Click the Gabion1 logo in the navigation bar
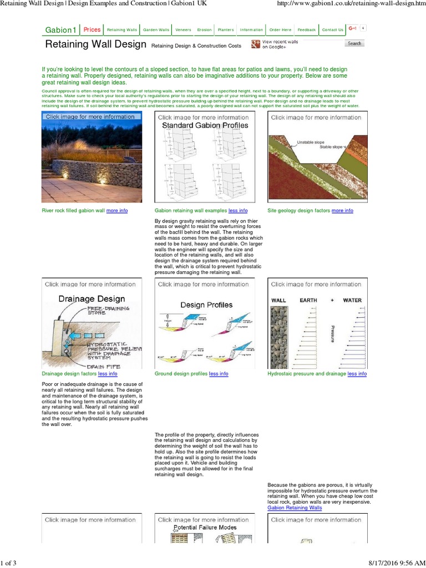tap(60, 30)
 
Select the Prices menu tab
tap(92, 30)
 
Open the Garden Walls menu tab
tap(156, 30)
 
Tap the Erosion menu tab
tap(204, 30)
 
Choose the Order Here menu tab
tap(280, 30)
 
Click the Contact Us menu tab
tap(333, 30)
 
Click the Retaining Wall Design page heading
tap(95, 44)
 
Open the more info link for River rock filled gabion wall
tap(116, 211)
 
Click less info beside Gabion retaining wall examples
tap(238, 211)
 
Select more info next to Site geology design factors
tap(342, 211)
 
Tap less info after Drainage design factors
tap(108, 374)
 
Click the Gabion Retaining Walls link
tap(295, 508)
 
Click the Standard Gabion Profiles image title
tap(205, 126)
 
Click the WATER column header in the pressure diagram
tap(352, 300)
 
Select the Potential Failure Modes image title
tap(205, 528)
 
